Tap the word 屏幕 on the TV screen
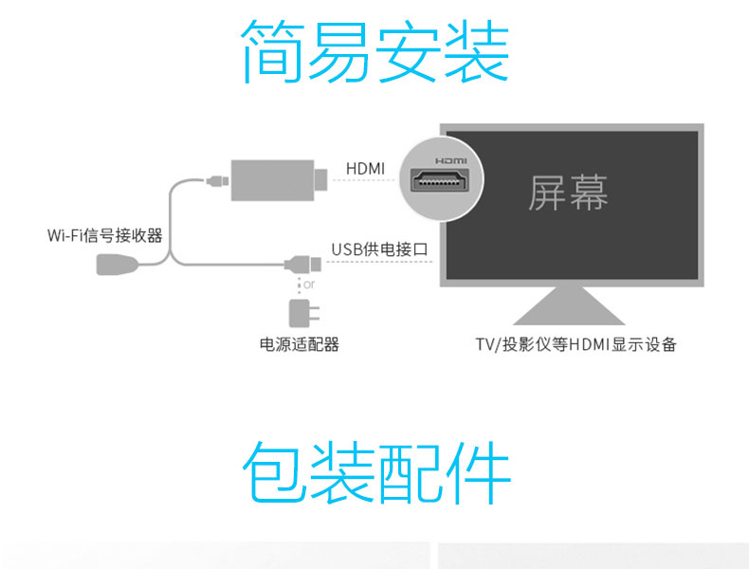pyautogui.click(x=568, y=193)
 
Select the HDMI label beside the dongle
pyautogui.click(x=365, y=169)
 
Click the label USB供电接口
pyautogui.click(x=379, y=249)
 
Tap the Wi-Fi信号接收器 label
pyautogui.click(x=104, y=234)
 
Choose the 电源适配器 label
pyautogui.click(x=299, y=344)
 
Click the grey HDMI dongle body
pyautogui.click(x=273, y=180)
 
